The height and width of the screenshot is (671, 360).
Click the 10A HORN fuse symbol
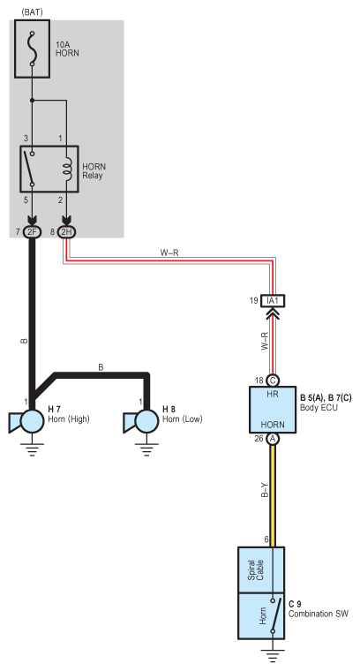click(32, 49)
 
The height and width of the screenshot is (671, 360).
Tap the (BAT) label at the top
click(32, 12)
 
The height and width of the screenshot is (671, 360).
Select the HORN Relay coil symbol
click(67, 169)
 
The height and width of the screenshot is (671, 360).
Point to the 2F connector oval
click(32, 232)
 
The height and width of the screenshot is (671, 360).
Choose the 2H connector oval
click(66, 232)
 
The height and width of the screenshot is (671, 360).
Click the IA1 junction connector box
click(273, 301)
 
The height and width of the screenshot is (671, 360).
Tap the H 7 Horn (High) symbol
click(26, 421)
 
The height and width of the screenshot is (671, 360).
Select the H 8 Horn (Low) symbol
click(141, 421)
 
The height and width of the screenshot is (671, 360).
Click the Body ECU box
click(273, 410)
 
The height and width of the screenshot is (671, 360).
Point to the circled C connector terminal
click(273, 381)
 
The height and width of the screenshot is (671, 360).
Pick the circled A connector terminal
click(273, 439)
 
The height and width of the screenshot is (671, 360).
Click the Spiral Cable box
click(261, 570)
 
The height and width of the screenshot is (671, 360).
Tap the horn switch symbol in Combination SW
click(276, 615)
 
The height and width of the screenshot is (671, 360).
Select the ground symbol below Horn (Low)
click(146, 449)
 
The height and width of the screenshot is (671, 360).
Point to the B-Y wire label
click(265, 490)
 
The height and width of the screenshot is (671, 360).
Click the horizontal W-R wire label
click(169, 253)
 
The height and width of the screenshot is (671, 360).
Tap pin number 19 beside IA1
click(254, 301)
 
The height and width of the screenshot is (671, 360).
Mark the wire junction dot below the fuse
click(32, 101)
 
